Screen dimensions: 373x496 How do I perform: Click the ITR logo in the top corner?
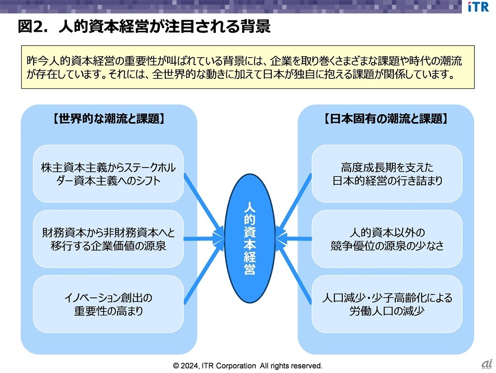pyautogui.click(x=478, y=8)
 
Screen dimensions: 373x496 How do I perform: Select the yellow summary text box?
pyautogui.click(x=248, y=67)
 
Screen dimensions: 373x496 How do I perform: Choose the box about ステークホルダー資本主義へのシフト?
pyautogui.click(x=108, y=173)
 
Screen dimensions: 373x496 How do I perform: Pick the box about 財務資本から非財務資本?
pyautogui.click(x=108, y=239)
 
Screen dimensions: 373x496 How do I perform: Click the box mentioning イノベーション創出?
pyautogui.click(x=108, y=304)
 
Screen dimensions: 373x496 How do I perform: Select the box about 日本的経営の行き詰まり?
pyautogui.click(x=387, y=173)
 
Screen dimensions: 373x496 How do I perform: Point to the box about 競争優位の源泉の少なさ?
pyautogui.click(x=387, y=239)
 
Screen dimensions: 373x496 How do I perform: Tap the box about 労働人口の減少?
pyautogui.click(x=387, y=304)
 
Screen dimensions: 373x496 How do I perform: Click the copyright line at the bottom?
pyautogui.click(x=248, y=366)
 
